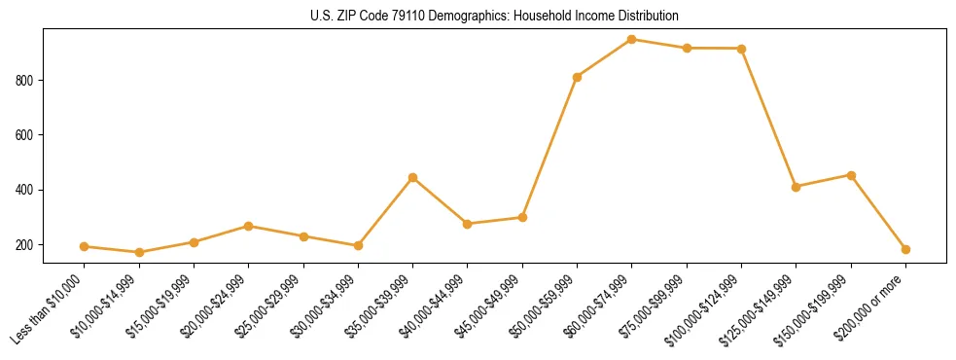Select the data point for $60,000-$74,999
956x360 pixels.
(x=632, y=40)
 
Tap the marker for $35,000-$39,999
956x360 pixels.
(x=413, y=178)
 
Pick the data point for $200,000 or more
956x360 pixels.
(x=905, y=249)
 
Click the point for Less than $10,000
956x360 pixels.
(x=85, y=246)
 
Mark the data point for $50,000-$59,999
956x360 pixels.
(x=578, y=77)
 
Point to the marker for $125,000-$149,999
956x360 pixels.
(x=797, y=187)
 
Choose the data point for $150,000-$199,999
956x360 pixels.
(x=851, y=175)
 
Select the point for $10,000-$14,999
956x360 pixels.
(x=139, y=252)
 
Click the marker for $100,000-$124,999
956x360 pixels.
(x=742, y=49)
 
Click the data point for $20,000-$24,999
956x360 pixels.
(x=249, y=226)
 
